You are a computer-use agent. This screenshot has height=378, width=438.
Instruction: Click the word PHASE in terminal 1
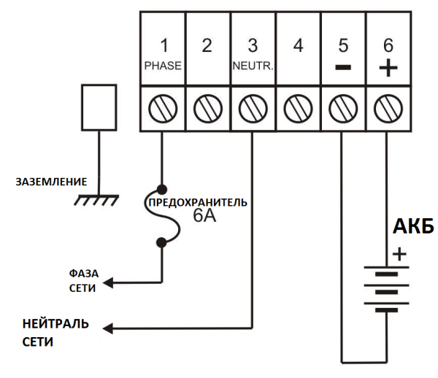pyautogui.click(x=161, y=64)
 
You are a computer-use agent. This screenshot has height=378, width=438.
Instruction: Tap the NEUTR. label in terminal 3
pyautogui.click(x=252, y=64)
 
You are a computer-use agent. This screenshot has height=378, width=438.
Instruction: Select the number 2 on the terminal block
pyautogui.click(x=207, y=46)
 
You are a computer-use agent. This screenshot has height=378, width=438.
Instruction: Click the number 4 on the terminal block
pyautogui.click(x=297, y=46)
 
